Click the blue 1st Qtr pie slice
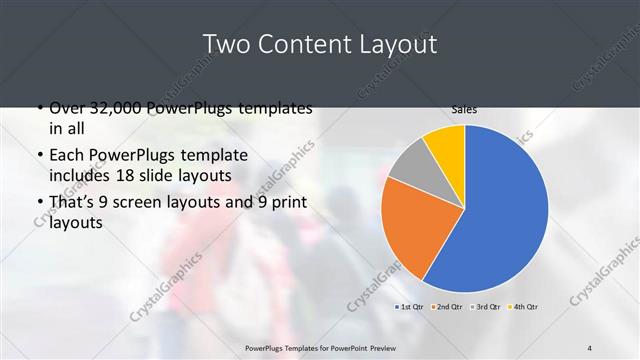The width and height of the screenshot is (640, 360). (x=500, y=210)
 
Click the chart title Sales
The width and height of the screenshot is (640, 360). (x=463, y=109)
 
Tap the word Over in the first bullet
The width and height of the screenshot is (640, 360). (x=68, y=107)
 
